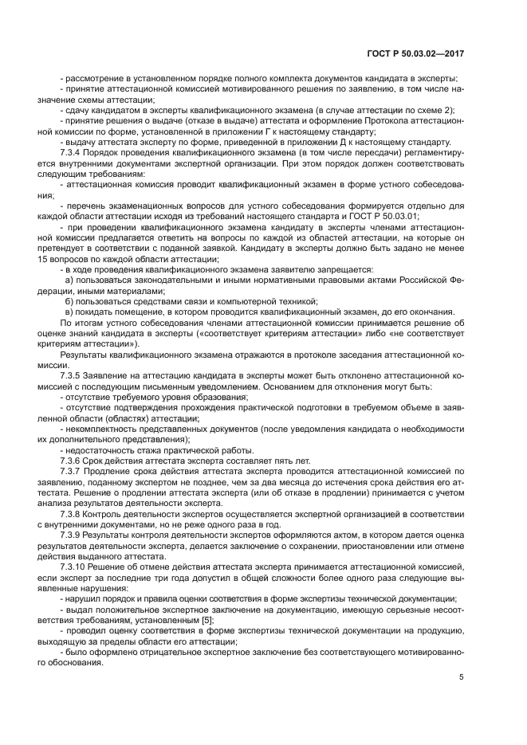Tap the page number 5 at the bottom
pos(462,677)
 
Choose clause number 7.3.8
pos(73,514)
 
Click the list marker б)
pos(69,301)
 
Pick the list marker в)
pos(69,312)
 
